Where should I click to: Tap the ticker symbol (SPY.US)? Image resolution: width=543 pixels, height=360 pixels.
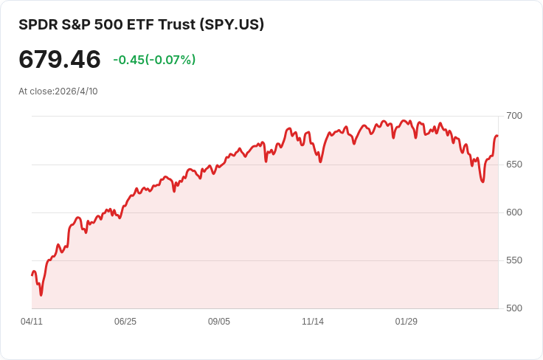pyautogui.click(x=232, y=24)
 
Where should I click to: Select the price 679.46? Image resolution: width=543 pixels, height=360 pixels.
pyautogui.click(x=60, y=60)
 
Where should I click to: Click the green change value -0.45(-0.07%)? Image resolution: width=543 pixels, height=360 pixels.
pyautogui.click(x=154, y=60)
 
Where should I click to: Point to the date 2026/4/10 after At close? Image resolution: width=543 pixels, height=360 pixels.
pyautogui.click(x=76, y=91)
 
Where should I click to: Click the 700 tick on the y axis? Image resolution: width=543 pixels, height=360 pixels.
pyautogui.click(x=514, y=116)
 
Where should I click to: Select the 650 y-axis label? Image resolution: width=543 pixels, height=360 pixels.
pyautogui.click(x=514, y=164)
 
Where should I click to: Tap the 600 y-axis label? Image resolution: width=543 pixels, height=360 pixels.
pyautogui.click(x=514, y=212)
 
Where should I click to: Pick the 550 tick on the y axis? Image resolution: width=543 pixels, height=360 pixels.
pyautogui.click(x=514, y=260)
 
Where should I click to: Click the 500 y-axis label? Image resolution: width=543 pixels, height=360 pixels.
pyautogui.click(x=514, y=308)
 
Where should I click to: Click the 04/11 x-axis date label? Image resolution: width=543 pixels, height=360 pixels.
pyautogui.click(x=32, y=322)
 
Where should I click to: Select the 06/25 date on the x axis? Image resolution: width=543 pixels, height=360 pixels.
pyautogui.click(x=125, y=322)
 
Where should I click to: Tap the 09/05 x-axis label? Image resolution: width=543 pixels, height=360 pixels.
pyautogui.click(x=219, y=322)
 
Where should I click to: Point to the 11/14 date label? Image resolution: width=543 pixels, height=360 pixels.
pyautogui.click(x=313, y=322)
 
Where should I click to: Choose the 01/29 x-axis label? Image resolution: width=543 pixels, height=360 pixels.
pyautogui.click(x=407, y=322)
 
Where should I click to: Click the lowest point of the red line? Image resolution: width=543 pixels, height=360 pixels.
pyautogui.click(x=41, y=295)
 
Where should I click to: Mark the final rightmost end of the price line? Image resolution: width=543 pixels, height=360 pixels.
pyautogui.click(x=498, y=136)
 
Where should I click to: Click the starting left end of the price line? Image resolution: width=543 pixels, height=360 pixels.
pyautogui.click(x=32, y=275)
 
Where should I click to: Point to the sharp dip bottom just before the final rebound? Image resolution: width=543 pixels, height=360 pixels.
pyautogui.click(x=483, y=181)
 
